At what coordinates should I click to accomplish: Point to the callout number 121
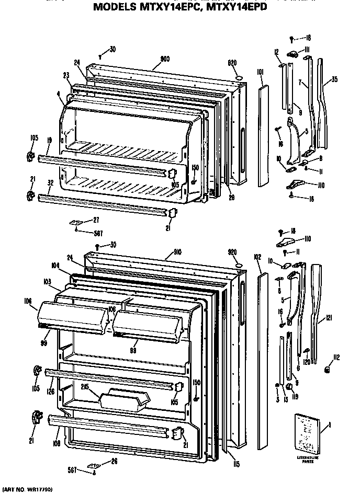(x=328, y=317)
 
